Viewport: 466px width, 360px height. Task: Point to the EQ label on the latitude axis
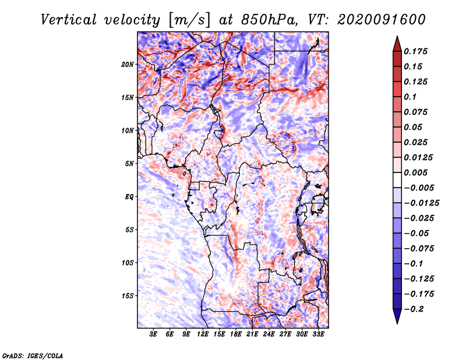click(129, 197)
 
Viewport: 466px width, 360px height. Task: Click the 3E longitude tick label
click(154, 334)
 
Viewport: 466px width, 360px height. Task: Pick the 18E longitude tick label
click(236, 334)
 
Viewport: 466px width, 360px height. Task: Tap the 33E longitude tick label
click(318, 334)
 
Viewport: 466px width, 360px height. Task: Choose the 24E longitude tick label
click(269, 334)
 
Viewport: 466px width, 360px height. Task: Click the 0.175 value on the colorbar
click(417, 51)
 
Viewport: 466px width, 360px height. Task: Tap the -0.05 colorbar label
click(416, 233)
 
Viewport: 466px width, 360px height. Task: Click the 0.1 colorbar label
click(410, 97)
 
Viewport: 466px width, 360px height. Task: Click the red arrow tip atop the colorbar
click(397, 41)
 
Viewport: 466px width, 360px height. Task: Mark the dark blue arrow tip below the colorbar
click(397, 318)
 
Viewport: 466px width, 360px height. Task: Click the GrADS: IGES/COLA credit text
click(32, 355)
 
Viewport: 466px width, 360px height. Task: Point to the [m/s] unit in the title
click(188, 19)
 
